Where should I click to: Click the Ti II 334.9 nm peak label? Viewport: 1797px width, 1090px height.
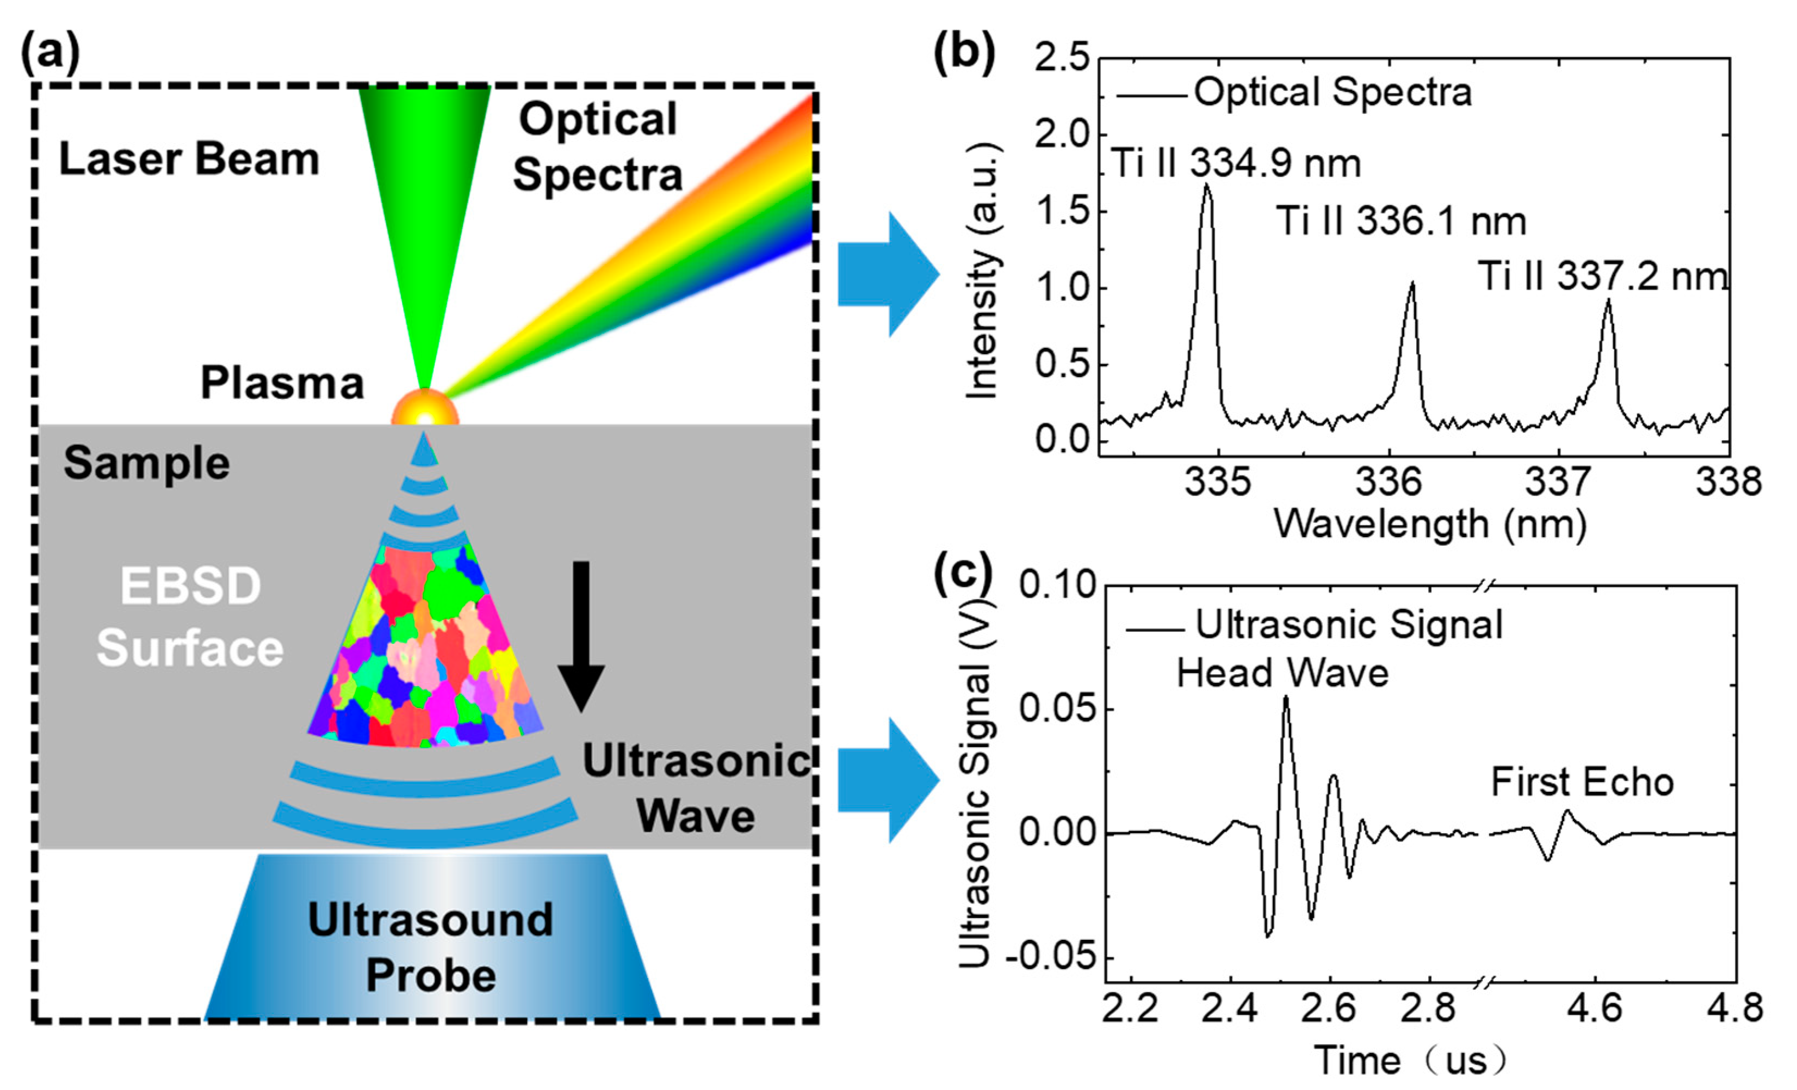pyautogui.click(x=1236, y=163)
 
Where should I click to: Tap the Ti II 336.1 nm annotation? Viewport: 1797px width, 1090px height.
pyautogui.click(x=1401, y=220)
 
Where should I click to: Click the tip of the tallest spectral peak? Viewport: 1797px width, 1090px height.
pyautogui.click(x=1206, y=186)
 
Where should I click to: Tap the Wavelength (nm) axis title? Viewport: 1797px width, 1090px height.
pyautogui.click(x=1429, y=525)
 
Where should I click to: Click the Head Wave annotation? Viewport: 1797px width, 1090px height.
pyautogui.click(x=1282, y=673)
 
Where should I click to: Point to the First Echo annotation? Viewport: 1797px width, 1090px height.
pyautogui.click(x=1582, y=782)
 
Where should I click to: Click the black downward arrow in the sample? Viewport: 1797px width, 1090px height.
pyautogui.click(x=580, y=635)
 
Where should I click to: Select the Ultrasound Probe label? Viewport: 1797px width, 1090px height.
pyautogui.click(x=431, y=947)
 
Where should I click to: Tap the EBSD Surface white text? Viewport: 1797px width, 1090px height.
pyautogui.click(x=190, y=617)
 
